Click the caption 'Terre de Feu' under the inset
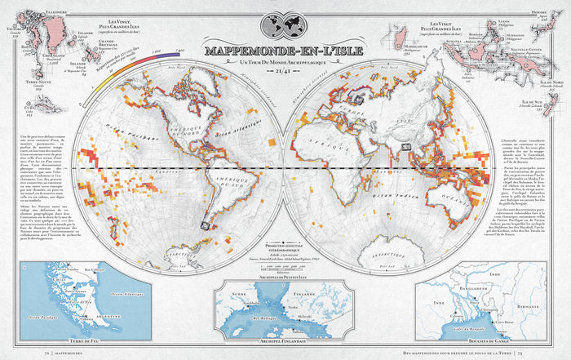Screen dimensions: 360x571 [65, 340]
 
